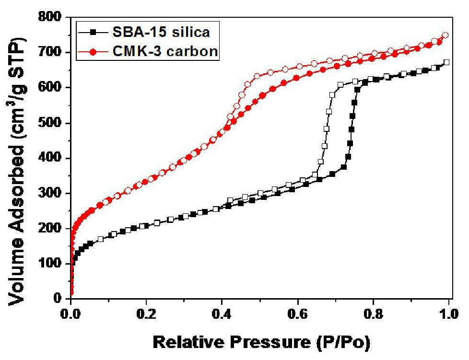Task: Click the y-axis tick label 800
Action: point(50,17)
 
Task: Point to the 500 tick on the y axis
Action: point(50,123)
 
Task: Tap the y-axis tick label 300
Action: point(50,193)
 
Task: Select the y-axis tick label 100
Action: point(50,264)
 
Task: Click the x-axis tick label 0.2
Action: point(146,314)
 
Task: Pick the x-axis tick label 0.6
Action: point(298,314)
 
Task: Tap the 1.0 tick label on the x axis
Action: point(449,314)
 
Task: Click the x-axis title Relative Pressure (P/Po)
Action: point(261,342)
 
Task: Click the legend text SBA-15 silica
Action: point(161,32)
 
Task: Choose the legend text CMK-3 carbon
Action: point(165,51)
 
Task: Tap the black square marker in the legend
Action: point(93,31)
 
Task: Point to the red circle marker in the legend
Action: point(93,52)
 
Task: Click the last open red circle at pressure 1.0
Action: point(446,35)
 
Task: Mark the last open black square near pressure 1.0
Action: point(446,62)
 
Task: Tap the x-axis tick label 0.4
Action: point(222,314)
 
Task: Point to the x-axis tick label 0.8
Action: point(373,314)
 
